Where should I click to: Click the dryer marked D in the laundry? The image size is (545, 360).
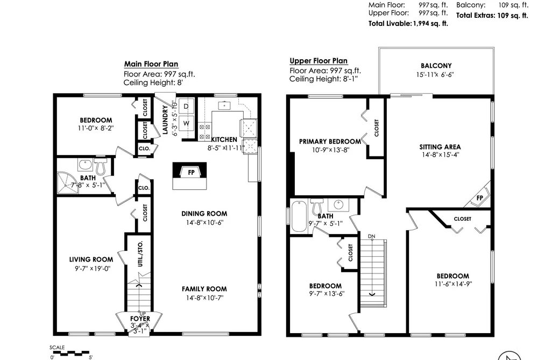[x=186, y=107]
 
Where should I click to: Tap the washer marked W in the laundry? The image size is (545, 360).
[x=186, y=123]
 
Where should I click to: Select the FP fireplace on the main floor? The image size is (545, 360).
[x=190, y=172]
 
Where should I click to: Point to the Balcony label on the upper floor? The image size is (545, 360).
[x=436, y=66]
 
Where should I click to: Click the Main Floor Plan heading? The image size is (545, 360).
[x=151, y=64]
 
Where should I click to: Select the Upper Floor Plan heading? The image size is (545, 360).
[x=318, y=61]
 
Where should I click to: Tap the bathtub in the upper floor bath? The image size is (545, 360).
[x=299, y=216]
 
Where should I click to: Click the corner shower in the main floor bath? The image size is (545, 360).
[x=67, y=182]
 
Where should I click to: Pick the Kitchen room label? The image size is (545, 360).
[x=224, y=139]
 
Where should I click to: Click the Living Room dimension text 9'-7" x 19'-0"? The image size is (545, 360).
[x=93, y=269]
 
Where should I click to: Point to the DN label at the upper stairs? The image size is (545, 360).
[x=372, y=236]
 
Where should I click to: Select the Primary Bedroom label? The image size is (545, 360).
[x=330, y=142]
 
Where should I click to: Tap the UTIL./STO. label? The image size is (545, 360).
[x=140, y=253]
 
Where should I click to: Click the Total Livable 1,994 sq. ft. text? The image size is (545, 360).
[x=408, y=24]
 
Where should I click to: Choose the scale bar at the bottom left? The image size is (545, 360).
[x=69, y=353]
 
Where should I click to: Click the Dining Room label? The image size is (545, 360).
[x=204, y=214]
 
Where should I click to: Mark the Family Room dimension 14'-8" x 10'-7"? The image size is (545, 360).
[x=204, y=298]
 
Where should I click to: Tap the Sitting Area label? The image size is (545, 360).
[x=440, y=147]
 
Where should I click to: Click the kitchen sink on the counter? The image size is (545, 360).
[x=224, y=105]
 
